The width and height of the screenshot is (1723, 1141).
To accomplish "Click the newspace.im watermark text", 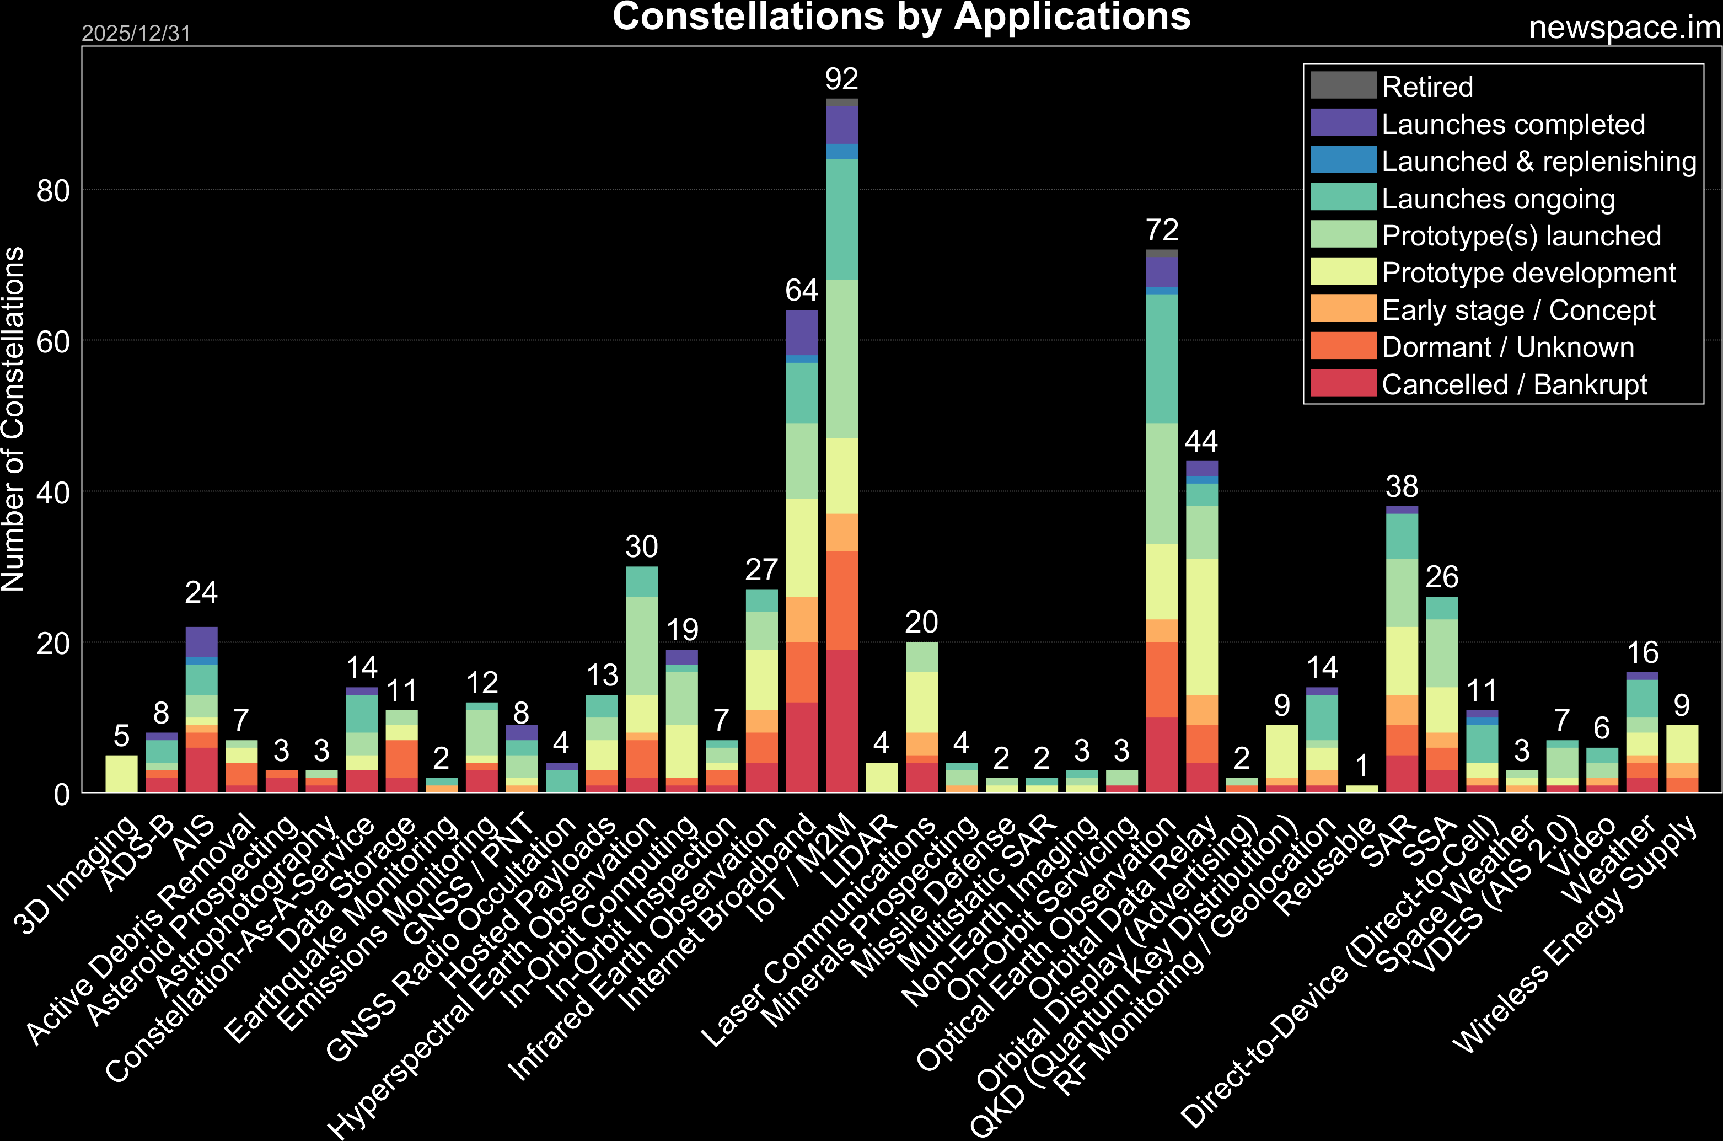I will (1624, 28).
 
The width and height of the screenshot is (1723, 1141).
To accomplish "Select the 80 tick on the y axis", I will (53, 191).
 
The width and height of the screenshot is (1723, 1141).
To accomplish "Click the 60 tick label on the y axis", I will (53, 341).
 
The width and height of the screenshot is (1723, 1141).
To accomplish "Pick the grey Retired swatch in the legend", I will (1343, 86).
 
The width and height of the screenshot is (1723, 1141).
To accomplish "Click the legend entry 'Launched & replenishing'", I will (1538, 161).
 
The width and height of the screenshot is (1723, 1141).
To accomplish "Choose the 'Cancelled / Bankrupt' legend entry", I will (1513, 384).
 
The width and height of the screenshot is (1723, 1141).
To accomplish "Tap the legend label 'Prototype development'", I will (1528, 273).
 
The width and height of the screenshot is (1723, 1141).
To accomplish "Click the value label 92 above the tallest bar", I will (841, 79).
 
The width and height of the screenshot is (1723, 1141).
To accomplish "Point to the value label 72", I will (1162, 230).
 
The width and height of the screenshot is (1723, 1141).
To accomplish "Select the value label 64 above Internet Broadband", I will (802, 290).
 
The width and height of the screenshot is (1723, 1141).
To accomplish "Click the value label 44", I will (1201, 441).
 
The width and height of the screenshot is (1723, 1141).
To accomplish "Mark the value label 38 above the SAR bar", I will (1402, 486).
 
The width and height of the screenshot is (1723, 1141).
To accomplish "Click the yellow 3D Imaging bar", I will (121, 774).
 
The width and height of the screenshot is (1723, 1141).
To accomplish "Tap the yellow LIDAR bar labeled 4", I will (882, 777).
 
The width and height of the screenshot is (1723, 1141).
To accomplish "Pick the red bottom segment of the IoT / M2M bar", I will (841, 720).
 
